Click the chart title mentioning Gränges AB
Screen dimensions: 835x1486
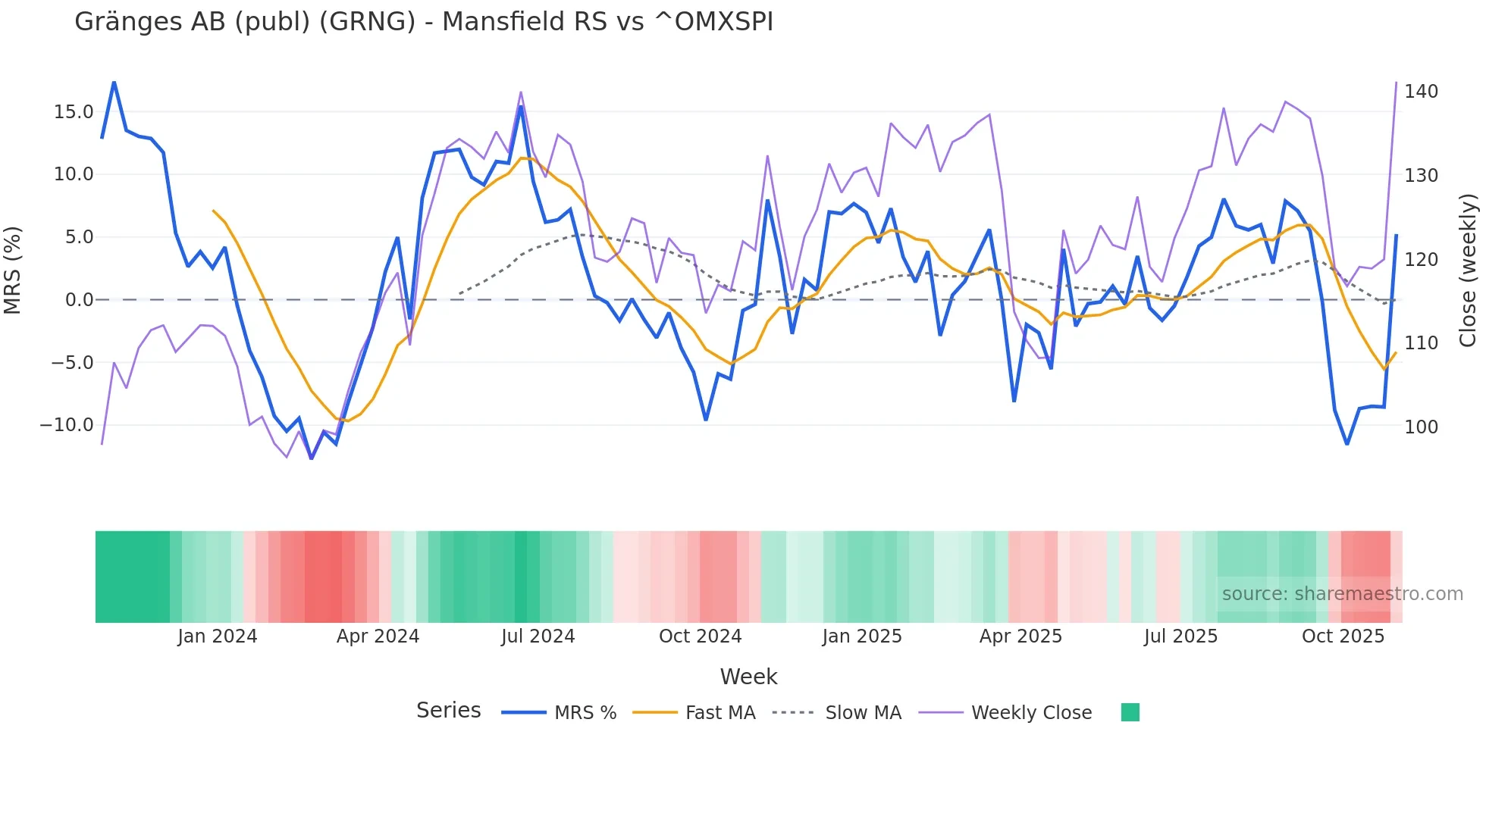pos(424,22)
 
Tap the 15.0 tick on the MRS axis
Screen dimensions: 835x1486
pos(74,112)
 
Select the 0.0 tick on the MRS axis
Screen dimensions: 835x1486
pos(80,300)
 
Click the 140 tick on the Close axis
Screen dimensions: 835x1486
pos(1421,92)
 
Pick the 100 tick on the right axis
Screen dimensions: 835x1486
pos(1421,427)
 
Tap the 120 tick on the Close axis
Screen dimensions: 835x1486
pos(1421,260)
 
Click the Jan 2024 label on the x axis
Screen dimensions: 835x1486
pos(218,636)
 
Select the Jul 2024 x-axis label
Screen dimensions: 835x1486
pos(538,636)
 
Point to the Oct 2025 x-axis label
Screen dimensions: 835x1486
pos(1343,636)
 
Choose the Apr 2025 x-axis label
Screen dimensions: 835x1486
pos(1020,636)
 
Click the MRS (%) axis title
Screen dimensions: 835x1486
pos(13,270)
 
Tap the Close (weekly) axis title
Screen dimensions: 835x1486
pos(1468,270)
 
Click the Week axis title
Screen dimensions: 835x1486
pos(748,677)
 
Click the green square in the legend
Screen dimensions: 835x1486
pos(1130,712)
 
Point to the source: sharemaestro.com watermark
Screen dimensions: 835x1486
pos(1342,594)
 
